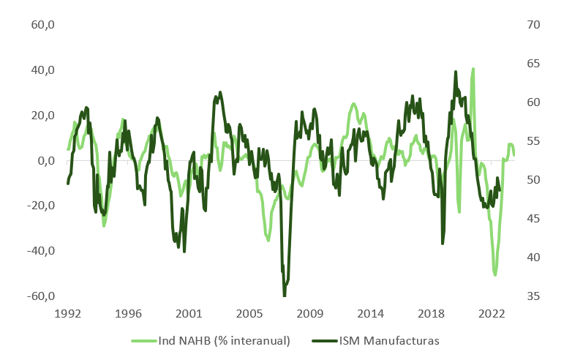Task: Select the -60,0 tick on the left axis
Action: (42, 296)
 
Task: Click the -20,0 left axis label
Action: (42, 206)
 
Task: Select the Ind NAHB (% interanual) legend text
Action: (225, 341)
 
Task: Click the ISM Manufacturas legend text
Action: (388, 341)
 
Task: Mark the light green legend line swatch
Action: (143, 341)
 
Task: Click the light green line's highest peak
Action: (473, 69)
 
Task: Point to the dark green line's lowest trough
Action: (284, 295)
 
